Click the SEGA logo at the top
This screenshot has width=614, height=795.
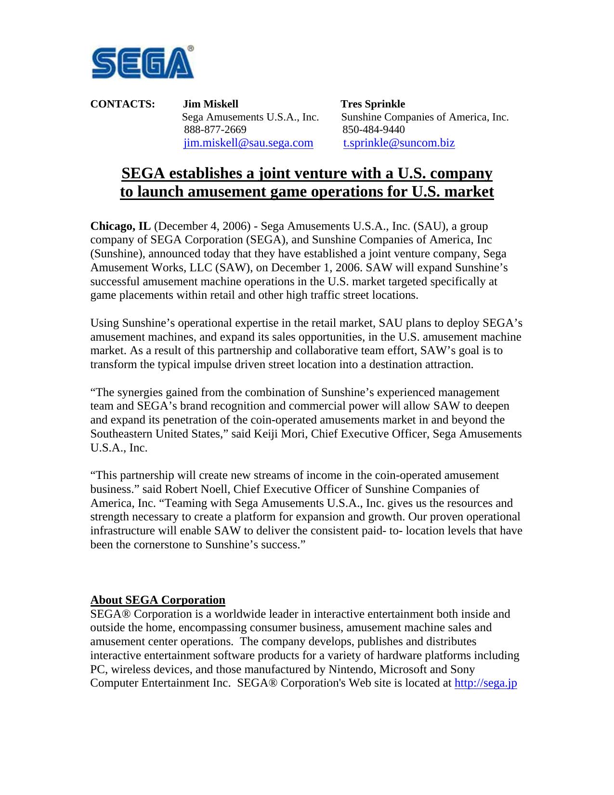tap(142, 63)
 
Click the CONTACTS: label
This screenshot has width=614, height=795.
tap(123, 104)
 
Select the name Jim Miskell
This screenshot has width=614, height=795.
tap(211, 104)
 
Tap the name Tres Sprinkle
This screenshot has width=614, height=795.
tap(373, 104)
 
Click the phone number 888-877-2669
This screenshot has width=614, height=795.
tap(215, 130)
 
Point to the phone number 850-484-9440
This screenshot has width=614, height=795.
tap(374, 130)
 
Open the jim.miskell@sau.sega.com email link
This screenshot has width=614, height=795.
tap(248, 143)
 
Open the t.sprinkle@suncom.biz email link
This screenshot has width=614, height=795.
tap(399, 143)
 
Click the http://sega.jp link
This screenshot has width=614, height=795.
tap(485, 683)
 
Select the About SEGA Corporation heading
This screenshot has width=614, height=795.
tap(158, 600)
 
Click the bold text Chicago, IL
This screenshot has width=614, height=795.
tap(120, 226)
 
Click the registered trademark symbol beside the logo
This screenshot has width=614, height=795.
tap(191, 49)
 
